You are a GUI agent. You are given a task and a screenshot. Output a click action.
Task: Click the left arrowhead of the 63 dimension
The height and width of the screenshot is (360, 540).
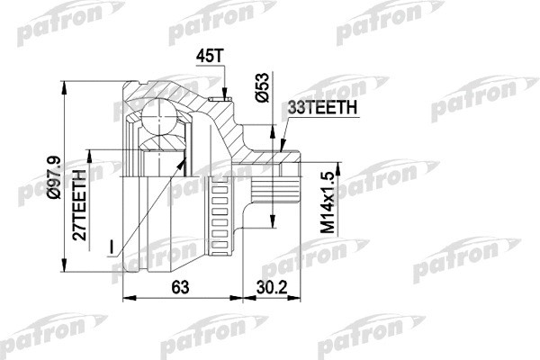pyautogui.click(x=124, y=298)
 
